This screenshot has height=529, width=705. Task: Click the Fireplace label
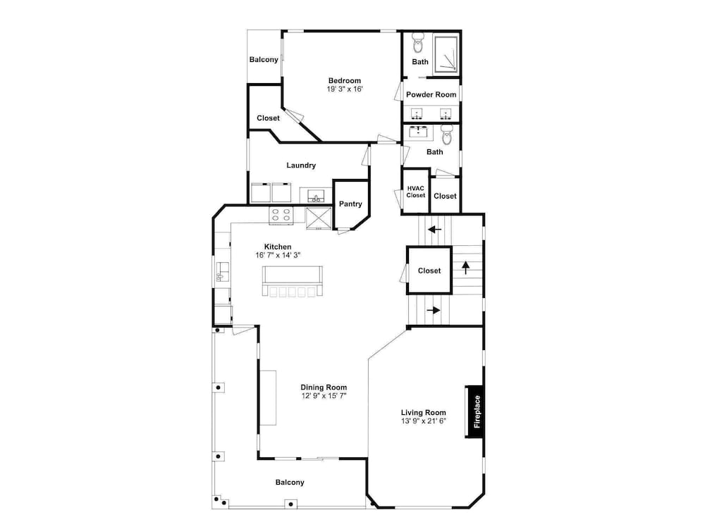coord(477,411)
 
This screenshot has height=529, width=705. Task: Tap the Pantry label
coord(350,204)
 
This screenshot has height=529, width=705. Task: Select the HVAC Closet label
coord(415,192)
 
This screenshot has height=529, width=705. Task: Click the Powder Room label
coord(431,95)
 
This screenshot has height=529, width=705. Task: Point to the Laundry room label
coord(301,166)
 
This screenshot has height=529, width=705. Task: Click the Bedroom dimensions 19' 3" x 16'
coord(345,89)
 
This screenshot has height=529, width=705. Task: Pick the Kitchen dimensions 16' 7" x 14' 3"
coord(278,255)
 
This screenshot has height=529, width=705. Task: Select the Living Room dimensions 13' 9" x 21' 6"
coord(424,421)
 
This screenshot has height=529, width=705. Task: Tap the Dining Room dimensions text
coord(324,396)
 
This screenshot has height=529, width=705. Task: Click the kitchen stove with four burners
coord(281,215)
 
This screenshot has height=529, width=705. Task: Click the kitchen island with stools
coord(293,281)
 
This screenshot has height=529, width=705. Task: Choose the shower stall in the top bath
coord(446,55)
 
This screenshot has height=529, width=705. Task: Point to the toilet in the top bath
coord(418,43)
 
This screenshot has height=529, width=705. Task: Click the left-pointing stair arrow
coord(434,230)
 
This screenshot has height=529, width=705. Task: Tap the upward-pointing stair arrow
coord(466,268)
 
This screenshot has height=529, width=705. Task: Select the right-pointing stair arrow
coord(433,310)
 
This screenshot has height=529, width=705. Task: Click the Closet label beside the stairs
coord(429,270)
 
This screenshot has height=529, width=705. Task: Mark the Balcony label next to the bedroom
coord(264,60)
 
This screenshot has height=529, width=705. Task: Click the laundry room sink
coord(317,196)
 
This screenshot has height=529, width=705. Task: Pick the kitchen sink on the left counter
coord(222,272)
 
